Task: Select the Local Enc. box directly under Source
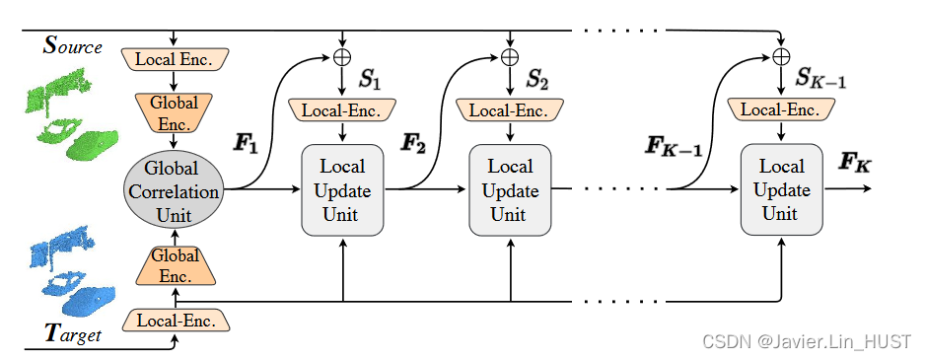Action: pos(175,58)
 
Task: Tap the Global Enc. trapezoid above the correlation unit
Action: pos(175,110)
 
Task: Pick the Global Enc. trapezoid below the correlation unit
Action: pos(175,265)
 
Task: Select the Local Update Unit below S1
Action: pos(341,189)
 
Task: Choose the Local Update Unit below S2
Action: pos(509,189)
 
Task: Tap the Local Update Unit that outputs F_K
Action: pos(781,189)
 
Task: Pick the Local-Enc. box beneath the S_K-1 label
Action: pos(781,109)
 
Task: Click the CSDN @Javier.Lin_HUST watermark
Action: pos(807,341)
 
